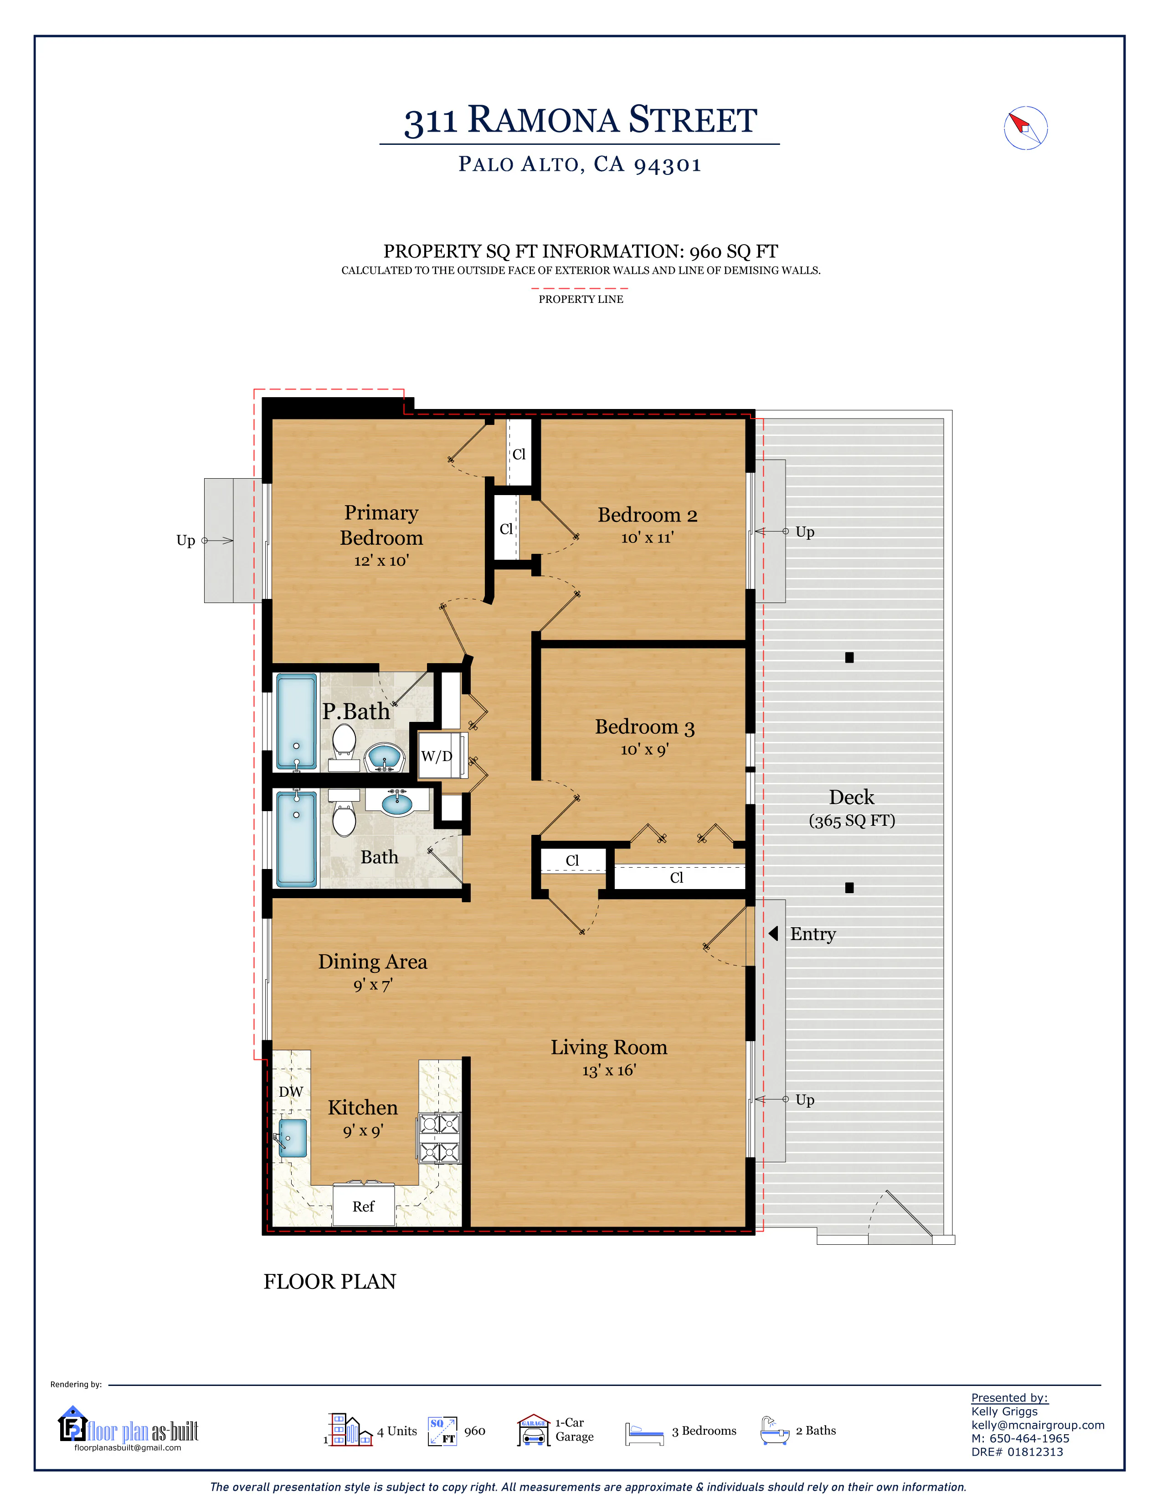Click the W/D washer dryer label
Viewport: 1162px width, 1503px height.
(x=437, y=757)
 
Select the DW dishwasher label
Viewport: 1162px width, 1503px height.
(x=291, y=1091)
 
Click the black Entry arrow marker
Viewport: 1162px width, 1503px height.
(x=773, y=934)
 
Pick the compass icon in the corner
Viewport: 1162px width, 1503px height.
(x=1025, y=128)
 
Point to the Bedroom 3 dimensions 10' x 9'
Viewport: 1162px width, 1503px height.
(x=644, y=749)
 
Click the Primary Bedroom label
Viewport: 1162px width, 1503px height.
(x=381, y=525)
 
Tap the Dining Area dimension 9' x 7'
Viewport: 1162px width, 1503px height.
(x=372, y=985)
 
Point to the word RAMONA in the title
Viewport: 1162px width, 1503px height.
(x=543, y=120)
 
